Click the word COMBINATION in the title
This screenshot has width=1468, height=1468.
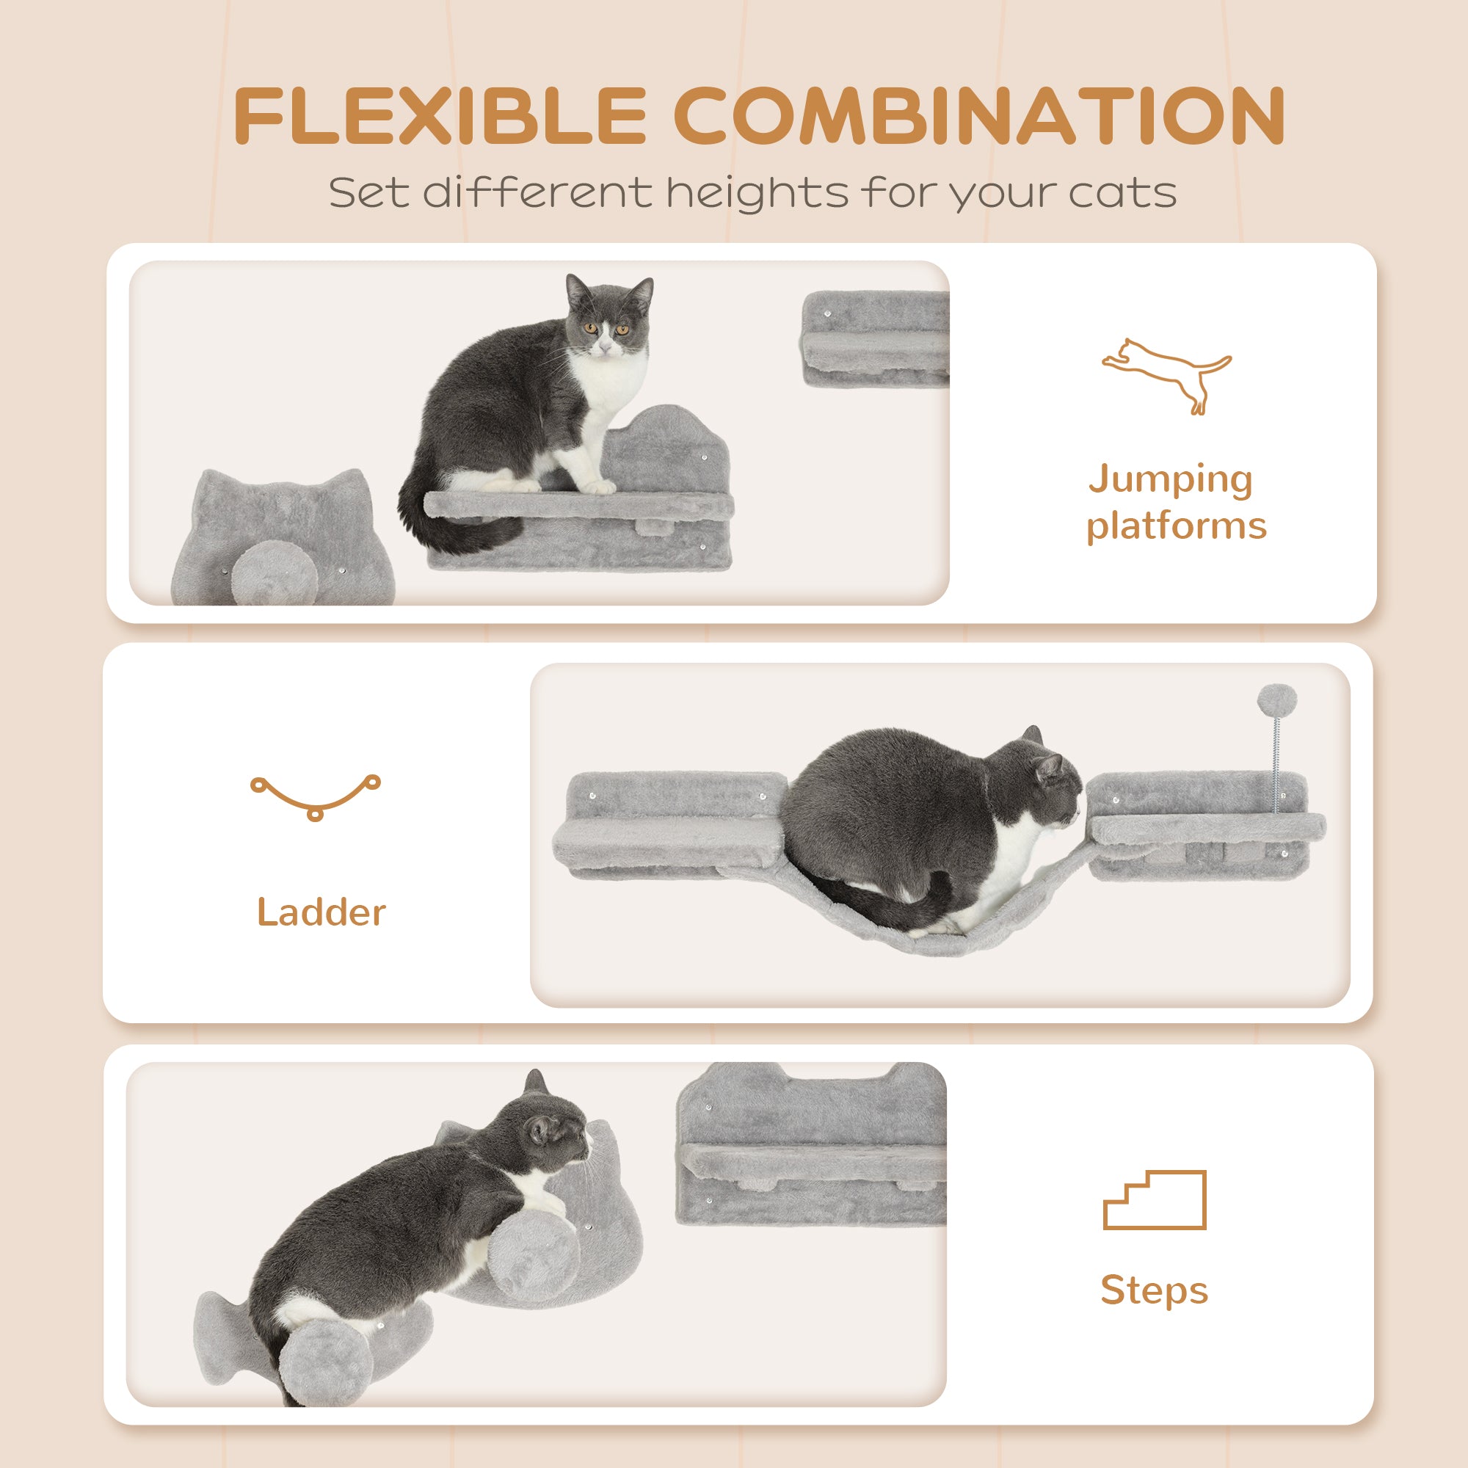978,115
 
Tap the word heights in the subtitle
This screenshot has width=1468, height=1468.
757,193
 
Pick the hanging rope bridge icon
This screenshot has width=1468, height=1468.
316,796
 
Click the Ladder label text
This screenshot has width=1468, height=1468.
321,912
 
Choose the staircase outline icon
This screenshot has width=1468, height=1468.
1154,1200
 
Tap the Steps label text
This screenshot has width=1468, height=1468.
1153,1290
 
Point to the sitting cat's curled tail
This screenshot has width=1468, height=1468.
448,524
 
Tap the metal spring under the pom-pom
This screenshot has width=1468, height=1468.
1276,763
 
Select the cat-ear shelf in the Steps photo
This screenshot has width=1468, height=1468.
812,1146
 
